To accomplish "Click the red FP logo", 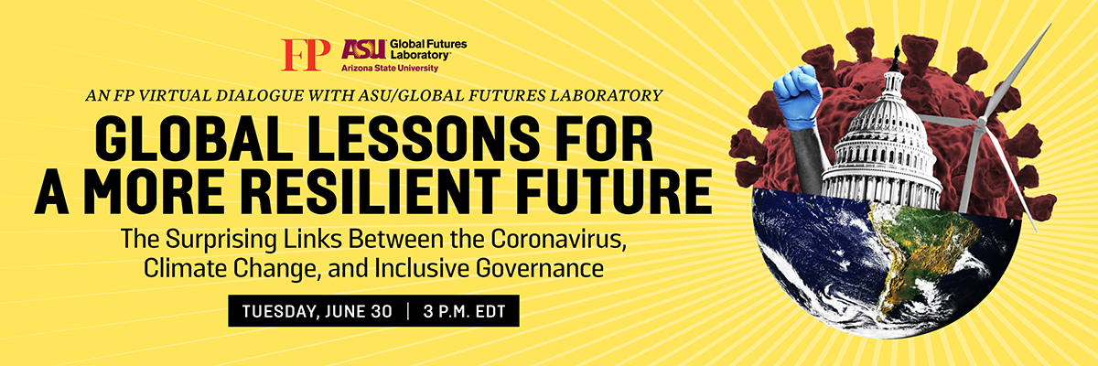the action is coord(306,55).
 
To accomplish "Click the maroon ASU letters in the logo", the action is coord(364,49).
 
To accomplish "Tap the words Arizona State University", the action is coord(390,68).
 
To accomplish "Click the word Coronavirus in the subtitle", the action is coord(559,239).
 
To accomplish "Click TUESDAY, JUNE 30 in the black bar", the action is coord(318,312).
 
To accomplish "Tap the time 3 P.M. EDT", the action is coord(464,312).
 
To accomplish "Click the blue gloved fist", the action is coord(798,94).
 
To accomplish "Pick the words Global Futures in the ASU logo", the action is coord(428,44).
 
